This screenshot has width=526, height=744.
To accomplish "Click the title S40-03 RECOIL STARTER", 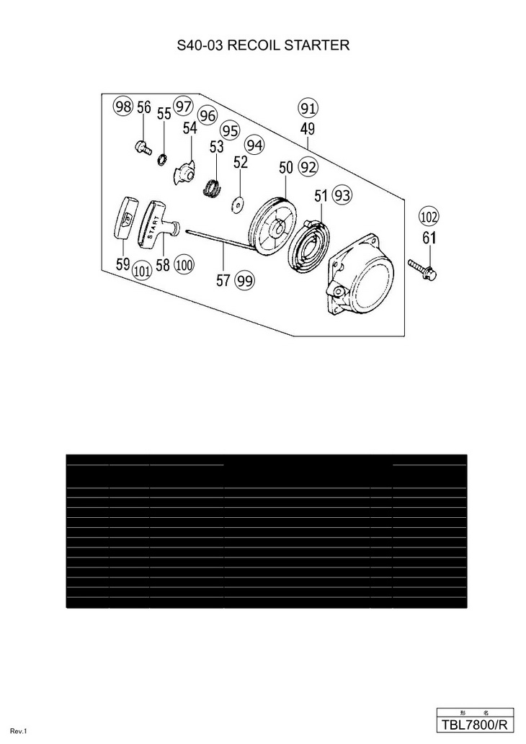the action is (263, 45).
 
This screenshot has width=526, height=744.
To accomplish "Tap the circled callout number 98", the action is (123, 107).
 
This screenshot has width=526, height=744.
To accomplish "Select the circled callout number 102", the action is (429, 217).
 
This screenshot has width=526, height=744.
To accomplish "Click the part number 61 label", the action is (429, 238).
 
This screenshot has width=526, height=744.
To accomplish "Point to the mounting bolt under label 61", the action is (422, 269).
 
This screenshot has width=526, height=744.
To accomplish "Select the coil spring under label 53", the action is (213, 188).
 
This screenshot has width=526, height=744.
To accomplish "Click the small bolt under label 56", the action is (143, 148).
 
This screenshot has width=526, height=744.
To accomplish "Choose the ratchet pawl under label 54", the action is (186, 172).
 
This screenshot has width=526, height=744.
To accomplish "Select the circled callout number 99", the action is (245, 281).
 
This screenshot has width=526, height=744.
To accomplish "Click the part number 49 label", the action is (308, 130).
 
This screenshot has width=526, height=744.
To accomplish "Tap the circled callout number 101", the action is (142, 271).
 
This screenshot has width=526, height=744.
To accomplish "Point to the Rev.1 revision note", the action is (19, 732).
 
